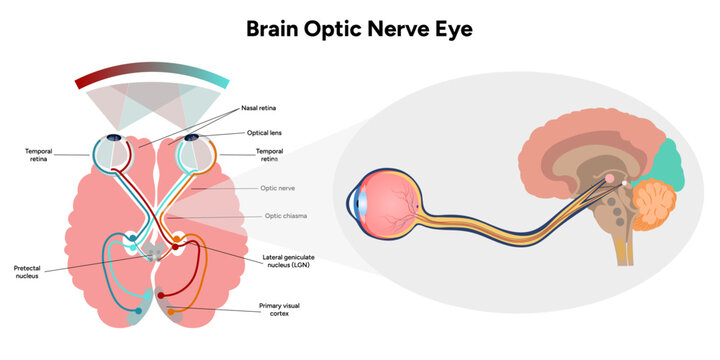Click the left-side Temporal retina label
[39, 155]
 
